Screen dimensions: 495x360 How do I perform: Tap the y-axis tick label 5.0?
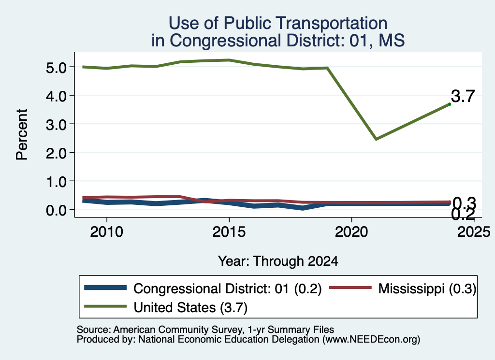[x=56, y=68]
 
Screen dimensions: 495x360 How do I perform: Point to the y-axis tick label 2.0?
[x=56, y=153]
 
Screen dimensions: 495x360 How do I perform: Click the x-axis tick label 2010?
[x=107, y=232]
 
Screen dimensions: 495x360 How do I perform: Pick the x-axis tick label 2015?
[x=229, y=232]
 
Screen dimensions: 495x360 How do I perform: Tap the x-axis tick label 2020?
[x=351, y=232]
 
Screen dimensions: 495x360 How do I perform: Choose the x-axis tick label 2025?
[x=474, y=232]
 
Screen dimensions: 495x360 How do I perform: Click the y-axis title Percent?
[x=22, y=134]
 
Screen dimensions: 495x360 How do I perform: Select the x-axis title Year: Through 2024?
[x=278, y=261]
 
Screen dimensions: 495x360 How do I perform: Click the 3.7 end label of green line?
[x=463, y=96]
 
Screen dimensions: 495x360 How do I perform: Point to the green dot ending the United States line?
[x=450, y=104]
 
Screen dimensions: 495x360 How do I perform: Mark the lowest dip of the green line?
[x=376, y=139]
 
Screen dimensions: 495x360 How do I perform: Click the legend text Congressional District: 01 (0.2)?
[x=227, y=288]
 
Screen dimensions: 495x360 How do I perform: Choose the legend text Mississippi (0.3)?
[x=427, y=288]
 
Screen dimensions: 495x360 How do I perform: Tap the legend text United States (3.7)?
[x=190, y=307]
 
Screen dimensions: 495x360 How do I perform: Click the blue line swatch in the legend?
[x=105, y=288]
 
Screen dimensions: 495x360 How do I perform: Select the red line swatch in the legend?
[x=350, y=288]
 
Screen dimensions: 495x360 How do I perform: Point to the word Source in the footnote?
[x=94, y=330]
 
